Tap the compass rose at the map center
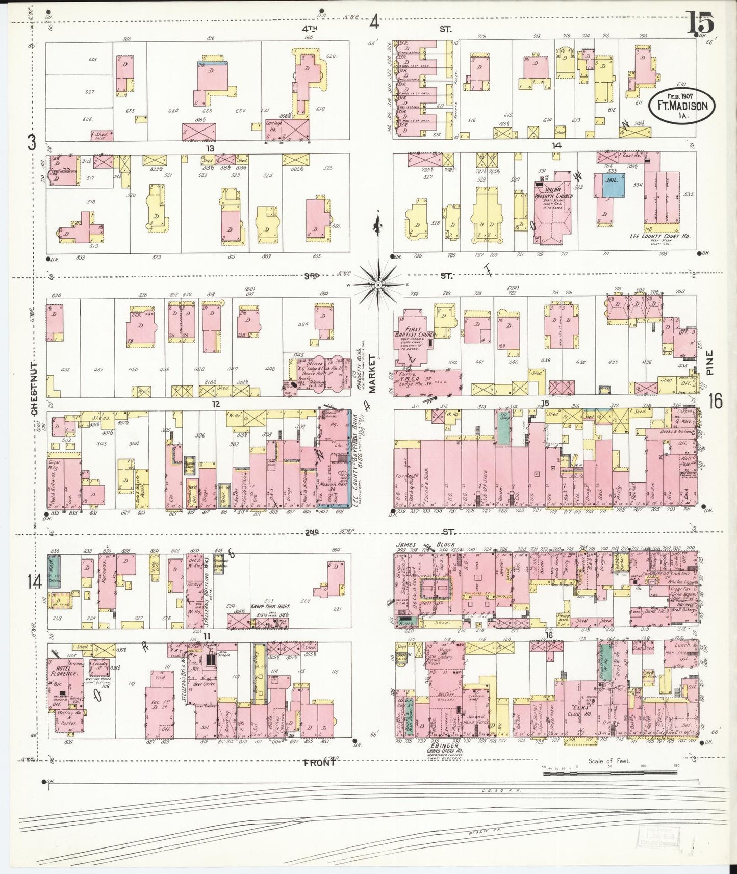pos(377,283)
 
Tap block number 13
pos(209,148)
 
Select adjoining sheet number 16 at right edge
pos(715,402)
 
